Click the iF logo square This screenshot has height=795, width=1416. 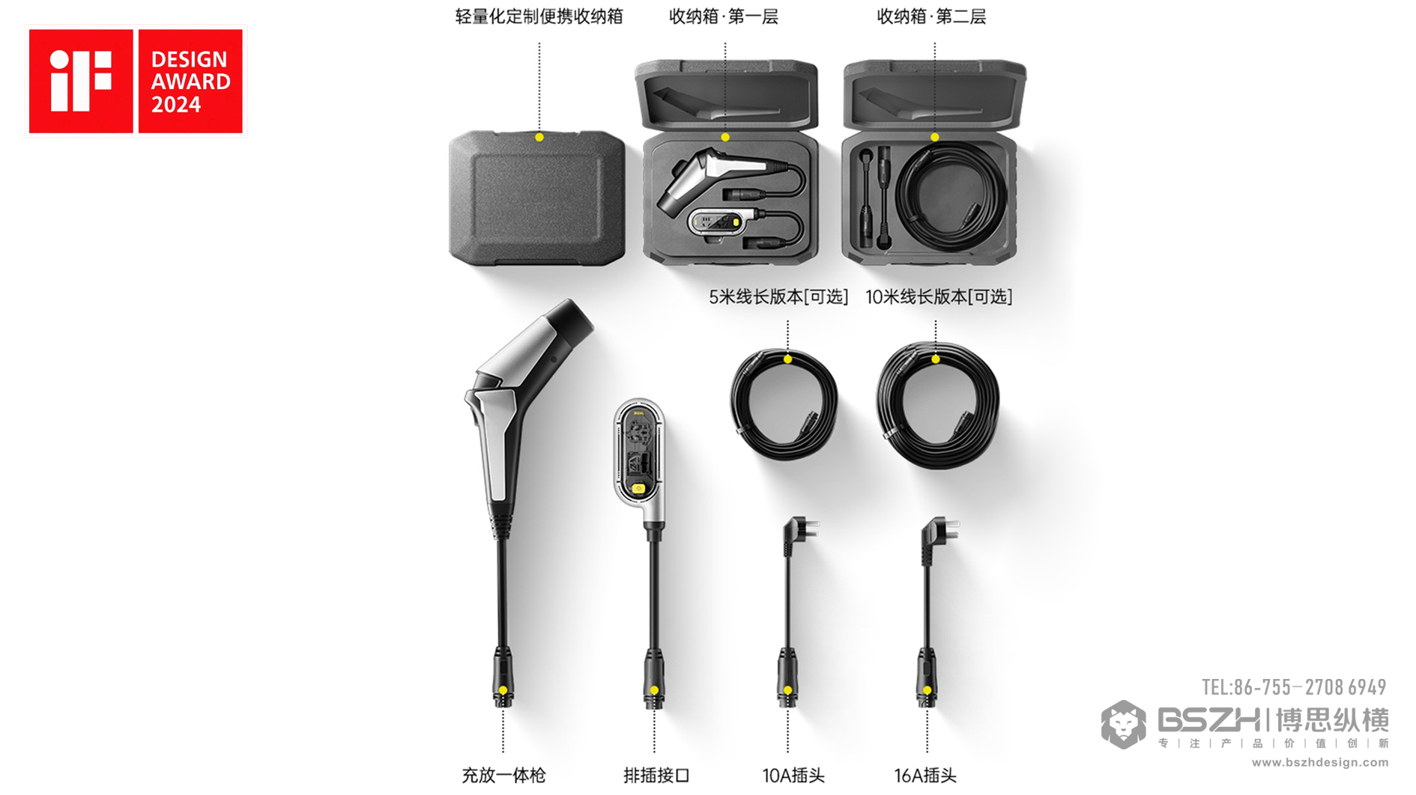[81, 81]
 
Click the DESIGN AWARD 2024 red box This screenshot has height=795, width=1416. [190, 81]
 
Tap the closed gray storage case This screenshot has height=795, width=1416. [536, 199]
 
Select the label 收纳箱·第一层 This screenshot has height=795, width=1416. [723, 16]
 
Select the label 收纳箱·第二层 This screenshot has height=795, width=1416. [931, 16]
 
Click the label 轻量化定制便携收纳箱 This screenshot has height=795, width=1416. [539, 16]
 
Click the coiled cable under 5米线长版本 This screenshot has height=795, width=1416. [784, 405]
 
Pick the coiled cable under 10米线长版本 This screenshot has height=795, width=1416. [937, 405]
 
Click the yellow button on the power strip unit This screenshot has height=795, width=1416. [638, 489]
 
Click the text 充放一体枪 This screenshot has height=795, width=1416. [503, 776]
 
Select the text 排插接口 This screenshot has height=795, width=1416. [656, 776]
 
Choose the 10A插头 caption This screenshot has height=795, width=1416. [793, 776]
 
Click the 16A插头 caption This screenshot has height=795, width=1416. [925, 776]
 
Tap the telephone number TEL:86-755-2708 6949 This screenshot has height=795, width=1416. [1294, 687]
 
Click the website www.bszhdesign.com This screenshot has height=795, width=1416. [1319, 763]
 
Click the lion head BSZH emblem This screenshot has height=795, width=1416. [1123, 725]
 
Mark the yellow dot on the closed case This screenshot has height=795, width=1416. [539, 138]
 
